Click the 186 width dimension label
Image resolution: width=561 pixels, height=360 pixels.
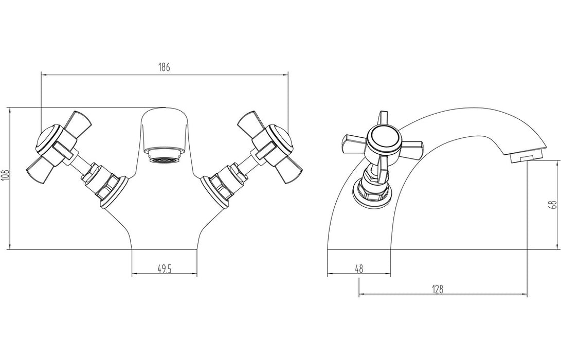(164, 67)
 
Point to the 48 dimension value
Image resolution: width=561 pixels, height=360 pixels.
(358, 268)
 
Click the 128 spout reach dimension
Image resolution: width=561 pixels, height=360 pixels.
(438, 289)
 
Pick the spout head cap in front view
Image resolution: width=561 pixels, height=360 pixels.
(164, 126)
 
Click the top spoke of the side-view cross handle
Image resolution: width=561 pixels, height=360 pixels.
(381, 118)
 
